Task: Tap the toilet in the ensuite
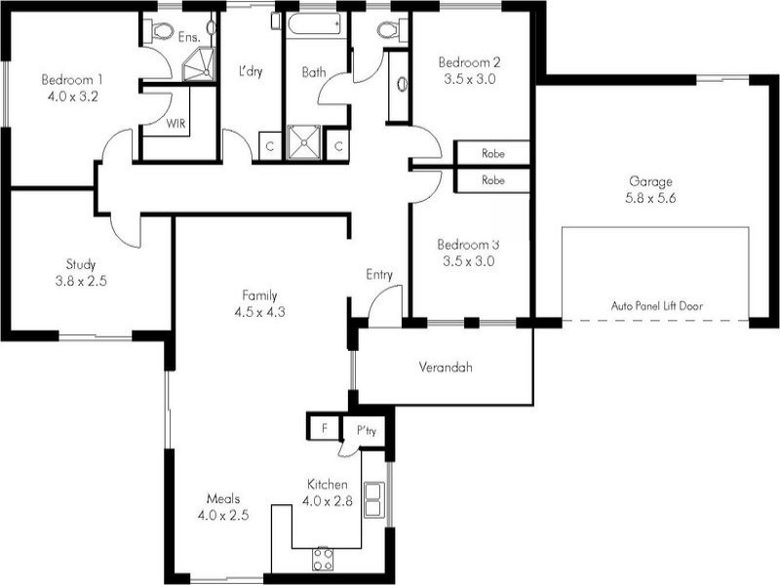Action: click(159, 30)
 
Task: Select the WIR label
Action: click(176, 124)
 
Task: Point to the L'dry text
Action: click(252, 71)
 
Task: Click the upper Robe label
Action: click(493, 154)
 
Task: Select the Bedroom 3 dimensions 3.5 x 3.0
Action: click(467, 261)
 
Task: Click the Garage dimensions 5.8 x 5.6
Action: click(650, 197)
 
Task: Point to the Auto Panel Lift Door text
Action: click(656, 305)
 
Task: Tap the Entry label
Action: click(379, 275)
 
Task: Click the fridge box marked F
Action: click(322, 427)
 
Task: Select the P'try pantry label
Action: click(367, 429)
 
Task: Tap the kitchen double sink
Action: click(372, 498)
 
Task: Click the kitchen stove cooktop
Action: click(323, 559)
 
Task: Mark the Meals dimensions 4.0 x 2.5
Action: click(222, 516)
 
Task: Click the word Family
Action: click(260, 295)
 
